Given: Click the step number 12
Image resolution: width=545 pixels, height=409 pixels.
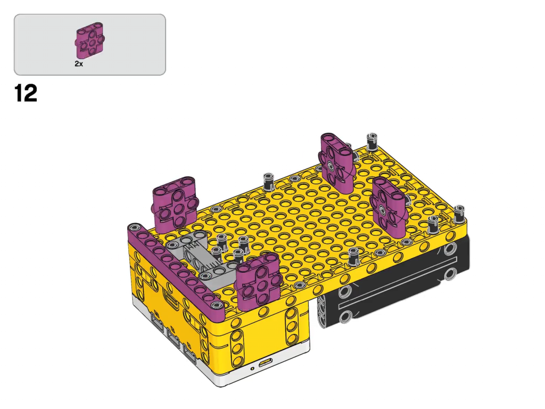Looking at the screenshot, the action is pyautogui.click(x=26, y=93).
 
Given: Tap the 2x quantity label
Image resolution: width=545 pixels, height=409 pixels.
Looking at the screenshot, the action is pyautogui.click(x=79, y=64).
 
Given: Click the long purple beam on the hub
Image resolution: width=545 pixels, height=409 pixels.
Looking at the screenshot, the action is pyautogui.click(x=176, y=266).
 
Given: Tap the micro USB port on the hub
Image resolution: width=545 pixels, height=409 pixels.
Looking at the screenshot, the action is pyautogui.click(x=266, y=363).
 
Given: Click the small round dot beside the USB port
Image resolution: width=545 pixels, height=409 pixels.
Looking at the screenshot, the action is pyautogui.click(x=252, y=369).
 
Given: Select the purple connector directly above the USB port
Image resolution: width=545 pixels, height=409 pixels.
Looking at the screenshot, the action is pyautogui.click(x=258, y=281).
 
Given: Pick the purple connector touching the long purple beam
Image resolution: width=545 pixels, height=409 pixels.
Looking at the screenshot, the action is pyautogui.click(x=175, y=204).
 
